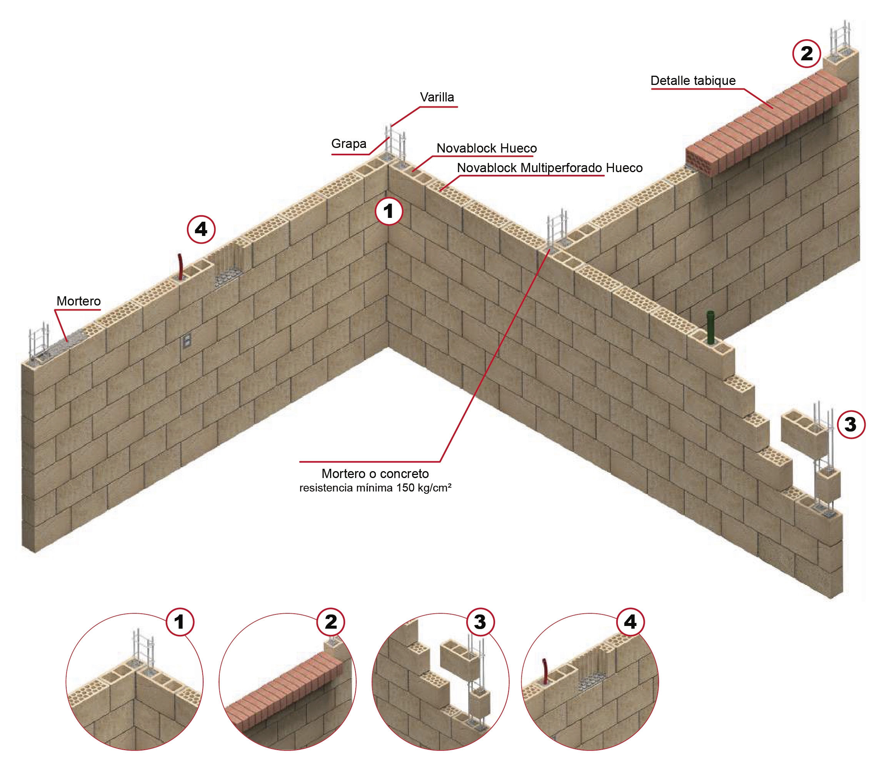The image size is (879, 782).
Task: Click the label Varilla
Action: (437, 97)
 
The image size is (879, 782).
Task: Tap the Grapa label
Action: (349, 143)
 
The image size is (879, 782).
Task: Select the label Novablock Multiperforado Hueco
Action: (550, 168)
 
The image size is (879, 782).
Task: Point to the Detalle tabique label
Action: (693, 81)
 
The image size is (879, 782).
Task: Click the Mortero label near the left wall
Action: (79, 301)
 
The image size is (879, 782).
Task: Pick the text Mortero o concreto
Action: (375, 473)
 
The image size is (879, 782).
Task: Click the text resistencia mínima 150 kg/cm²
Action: (375, 488)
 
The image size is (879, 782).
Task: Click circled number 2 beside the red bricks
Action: (807, 53)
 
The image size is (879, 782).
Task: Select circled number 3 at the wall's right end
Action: (851, 425)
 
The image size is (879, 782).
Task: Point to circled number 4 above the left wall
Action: (201, 229)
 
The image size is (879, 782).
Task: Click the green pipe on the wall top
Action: (711, 327)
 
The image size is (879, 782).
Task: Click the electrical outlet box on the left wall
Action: (187, 341)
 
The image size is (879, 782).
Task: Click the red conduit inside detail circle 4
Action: (545, 672)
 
